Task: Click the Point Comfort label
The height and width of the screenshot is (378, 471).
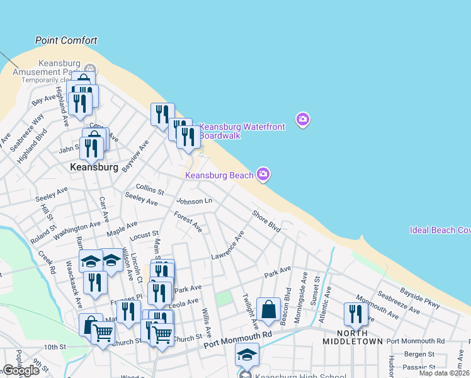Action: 66,40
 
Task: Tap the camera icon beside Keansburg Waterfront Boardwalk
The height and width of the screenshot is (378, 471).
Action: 303,119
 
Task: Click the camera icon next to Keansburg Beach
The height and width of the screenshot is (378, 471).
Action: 263,174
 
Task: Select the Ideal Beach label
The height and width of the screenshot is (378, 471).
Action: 440,230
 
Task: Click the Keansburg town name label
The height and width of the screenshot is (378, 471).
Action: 94,168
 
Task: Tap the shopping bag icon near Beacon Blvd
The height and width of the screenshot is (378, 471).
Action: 268,309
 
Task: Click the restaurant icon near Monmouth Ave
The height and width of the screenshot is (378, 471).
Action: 356,314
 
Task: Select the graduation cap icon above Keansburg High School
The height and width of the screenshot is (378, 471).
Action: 247,354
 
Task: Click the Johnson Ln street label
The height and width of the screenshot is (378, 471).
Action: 194,201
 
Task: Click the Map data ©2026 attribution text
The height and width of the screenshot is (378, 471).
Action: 445,374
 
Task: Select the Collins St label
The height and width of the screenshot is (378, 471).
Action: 150,190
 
